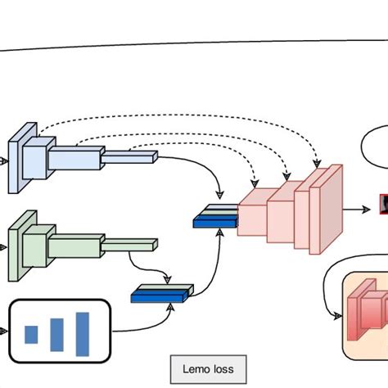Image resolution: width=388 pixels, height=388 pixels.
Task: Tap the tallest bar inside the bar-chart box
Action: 83,334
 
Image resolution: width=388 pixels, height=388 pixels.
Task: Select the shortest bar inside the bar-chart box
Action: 31,334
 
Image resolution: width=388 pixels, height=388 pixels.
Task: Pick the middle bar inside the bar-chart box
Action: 56,333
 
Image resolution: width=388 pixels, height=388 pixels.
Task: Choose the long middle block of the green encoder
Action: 77,245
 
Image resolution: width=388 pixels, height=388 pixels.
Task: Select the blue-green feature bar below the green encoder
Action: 161,291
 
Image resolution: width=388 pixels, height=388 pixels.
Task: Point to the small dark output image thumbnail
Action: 383,202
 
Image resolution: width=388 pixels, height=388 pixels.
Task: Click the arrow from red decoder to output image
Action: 359,209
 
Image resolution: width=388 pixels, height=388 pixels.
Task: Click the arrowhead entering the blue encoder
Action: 4,160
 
